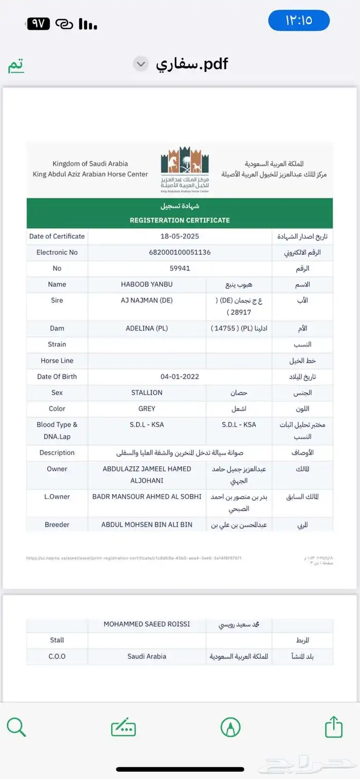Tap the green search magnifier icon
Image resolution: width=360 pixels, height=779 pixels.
click(x=16, y=727)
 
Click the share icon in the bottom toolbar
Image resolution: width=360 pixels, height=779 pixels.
click(x=334, y=727)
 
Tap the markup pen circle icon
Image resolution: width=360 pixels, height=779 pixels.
click(x=230, y=727)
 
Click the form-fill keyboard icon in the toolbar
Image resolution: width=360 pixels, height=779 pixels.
click(x=123, y=728)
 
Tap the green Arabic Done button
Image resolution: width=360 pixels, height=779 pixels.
click(x=16, y=65)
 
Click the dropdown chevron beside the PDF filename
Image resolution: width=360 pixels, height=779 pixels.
click(x=140, y=64)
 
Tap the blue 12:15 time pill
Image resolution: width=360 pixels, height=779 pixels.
click(x=299, y=21)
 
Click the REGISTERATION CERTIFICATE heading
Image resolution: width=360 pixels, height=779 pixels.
click(x=179, y=220)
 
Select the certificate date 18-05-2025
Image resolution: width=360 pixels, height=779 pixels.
click(x=179, y=237)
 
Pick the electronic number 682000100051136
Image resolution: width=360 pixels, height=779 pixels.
click(x=179, y=253)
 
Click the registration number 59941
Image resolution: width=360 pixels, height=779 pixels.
click(x=179, y=269)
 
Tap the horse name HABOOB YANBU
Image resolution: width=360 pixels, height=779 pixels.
click(x=147, y=285)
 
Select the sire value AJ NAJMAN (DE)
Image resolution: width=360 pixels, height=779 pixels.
click(x=147, y=300)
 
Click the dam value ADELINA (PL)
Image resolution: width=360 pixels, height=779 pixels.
click(x=147, y=328)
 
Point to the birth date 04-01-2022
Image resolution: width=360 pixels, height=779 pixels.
click(x=179, y=377)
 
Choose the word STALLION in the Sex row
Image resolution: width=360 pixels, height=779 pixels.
click(x=147, y=393)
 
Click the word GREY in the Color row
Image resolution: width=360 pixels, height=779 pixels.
click(x=147, y=409)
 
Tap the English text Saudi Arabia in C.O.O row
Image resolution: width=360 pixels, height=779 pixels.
click(x=147, y=657)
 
